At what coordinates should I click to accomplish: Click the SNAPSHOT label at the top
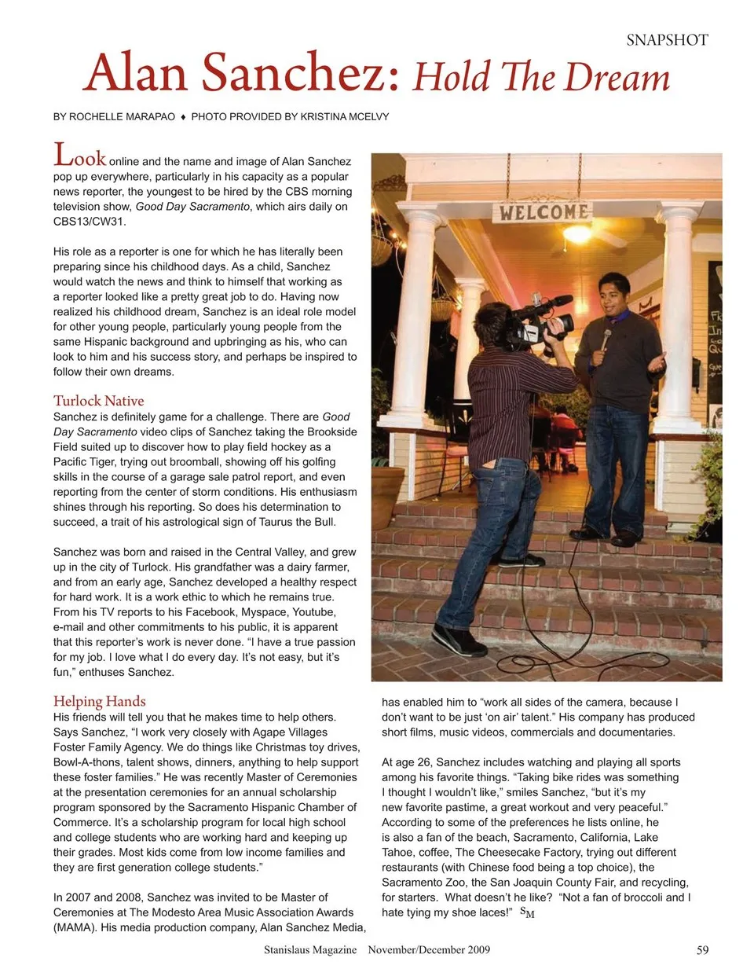click(x=667, y=40)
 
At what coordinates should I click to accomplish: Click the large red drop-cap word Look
click(x=79, y=156)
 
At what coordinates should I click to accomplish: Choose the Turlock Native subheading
click(x=99, y=400)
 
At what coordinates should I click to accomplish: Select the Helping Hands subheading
click(x=100, y=701)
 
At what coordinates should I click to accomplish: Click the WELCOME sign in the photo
click(x=543, y=211)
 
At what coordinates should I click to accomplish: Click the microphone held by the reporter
click(x=606, y=340)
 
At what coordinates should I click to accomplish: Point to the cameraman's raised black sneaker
click(x=458, y=640)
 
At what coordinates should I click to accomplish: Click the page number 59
click(x=702, y=950)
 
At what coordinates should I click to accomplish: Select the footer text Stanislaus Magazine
click(x=310, y=950)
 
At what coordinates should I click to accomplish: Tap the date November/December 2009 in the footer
click(x=429, y=950)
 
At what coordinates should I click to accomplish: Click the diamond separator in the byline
click(x=183, y=117)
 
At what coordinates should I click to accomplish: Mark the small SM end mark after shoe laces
click(x=527, y=912)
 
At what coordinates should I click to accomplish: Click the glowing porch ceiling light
click(x=577, y=233)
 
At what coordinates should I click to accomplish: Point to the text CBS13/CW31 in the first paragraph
click(x=90, y=222)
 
